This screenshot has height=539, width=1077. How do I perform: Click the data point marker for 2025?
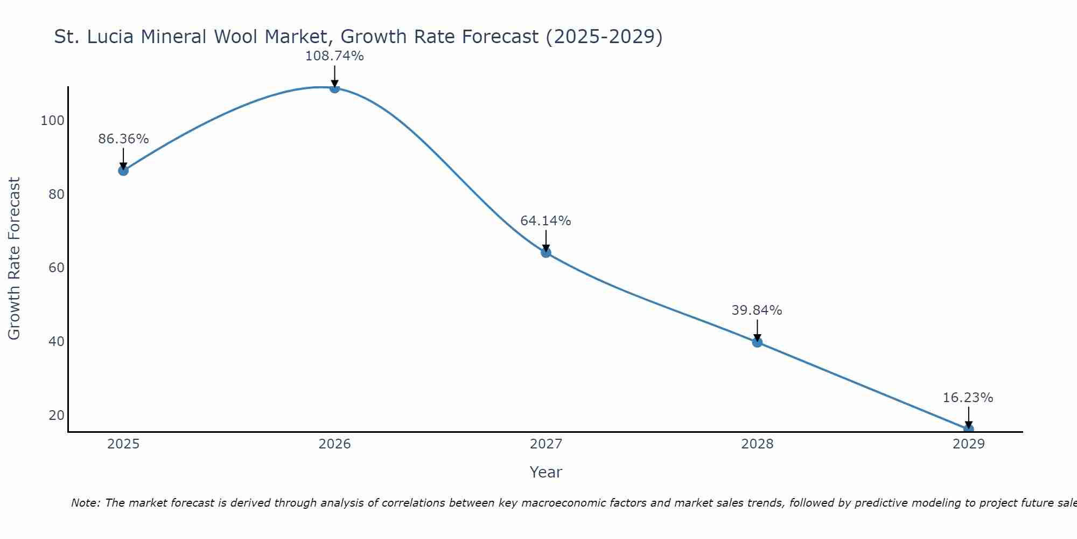tap(123, 170)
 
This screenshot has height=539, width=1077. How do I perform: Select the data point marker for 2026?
tap(334, 88)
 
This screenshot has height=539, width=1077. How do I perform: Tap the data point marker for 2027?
tap(546, 252)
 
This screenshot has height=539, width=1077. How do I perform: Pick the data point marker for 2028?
tap(757, 342)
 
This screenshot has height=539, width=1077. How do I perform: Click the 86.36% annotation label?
tap(123, 139)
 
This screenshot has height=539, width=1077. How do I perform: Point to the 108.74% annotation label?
tap(334, 56)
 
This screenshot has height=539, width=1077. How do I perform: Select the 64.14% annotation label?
tap(546, 221)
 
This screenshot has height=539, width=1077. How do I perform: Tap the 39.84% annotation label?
tap(757, 310)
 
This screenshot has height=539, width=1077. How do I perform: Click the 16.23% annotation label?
tap(968, 398)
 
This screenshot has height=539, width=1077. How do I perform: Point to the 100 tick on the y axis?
tap(53, 121)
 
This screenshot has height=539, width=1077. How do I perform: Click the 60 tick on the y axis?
tap(57, 268)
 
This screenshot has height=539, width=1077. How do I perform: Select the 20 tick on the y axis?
tap(57, 416)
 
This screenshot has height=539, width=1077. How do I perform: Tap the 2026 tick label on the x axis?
tap(334, 444)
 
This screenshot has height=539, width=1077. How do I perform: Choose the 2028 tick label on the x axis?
tap(757, 444)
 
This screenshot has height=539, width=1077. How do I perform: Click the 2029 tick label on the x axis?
tap(968, 444)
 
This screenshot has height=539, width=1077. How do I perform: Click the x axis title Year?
tap(546, 472)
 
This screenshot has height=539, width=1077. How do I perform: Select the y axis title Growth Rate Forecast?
tap(15, 259)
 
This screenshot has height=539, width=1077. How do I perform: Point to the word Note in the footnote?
tap(85, 503)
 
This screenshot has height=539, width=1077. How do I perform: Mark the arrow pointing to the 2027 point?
tap(546, 240)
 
